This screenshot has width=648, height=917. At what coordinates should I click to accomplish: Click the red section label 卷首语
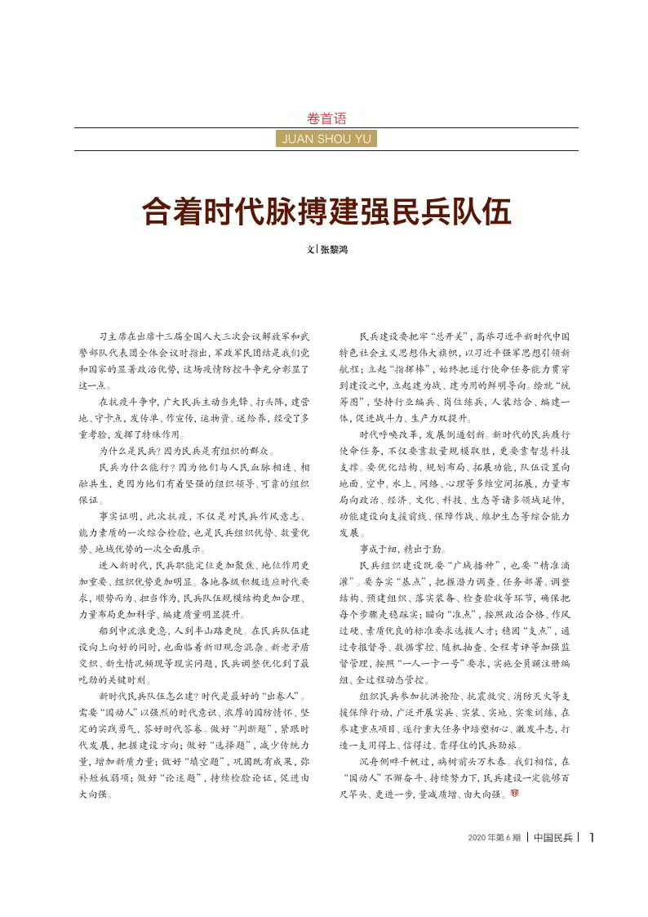326,118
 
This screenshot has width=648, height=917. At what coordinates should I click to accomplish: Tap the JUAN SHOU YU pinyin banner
326,139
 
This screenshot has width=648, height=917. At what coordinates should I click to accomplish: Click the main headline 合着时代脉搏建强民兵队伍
326,211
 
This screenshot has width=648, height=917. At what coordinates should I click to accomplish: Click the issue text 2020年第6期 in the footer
495,838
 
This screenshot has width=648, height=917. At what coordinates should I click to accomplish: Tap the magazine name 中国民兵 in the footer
553,838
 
